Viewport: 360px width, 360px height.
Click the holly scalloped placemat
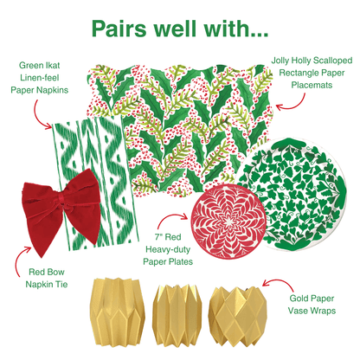point(173,112)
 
